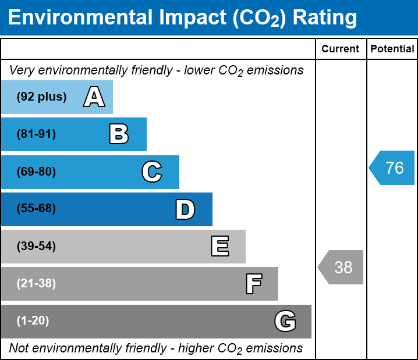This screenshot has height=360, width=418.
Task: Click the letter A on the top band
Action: click(x=94, y=97)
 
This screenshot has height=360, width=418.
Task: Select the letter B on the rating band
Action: click(x=119, y=134)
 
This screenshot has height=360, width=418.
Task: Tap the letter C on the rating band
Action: click(x=151, y=172)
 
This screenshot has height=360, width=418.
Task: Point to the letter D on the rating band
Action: click(x=185, y=209)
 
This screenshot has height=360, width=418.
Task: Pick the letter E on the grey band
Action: click(x=219, y=247)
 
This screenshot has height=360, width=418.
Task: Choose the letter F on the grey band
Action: click(x=253, y=284)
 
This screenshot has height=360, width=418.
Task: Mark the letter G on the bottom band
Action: click(x=285, y=321)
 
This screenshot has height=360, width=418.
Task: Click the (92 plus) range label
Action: click(x=41, y=97)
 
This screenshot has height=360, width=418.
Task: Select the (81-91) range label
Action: click(x=36, y=134)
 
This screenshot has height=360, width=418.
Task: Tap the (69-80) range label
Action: click(x=36, y=172)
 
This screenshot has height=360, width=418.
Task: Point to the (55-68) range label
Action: click(x=36, y=209)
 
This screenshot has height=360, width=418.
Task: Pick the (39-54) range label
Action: click(x=36, y=247)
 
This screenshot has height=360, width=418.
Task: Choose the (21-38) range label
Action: click(x=36, y=284)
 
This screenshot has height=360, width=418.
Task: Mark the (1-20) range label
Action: click(x=33, y=321)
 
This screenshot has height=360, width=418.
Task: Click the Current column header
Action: click(x=341, y=49)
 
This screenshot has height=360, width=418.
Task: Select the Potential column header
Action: click(x=392, y=49)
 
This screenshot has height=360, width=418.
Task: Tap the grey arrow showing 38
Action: click(x=341, y=267)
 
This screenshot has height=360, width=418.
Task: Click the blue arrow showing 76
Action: click(x=392, y=168)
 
